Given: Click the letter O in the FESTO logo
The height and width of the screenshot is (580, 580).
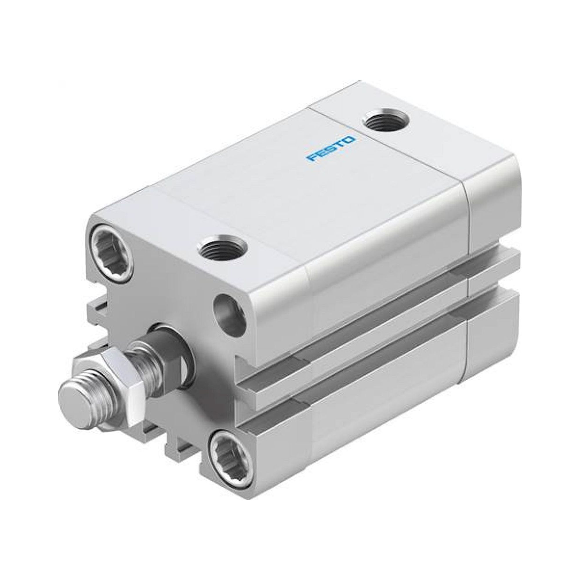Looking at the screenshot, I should pos(350,139).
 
